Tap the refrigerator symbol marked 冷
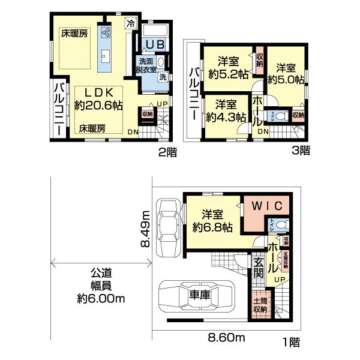130,24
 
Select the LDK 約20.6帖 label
99,99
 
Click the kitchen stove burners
106,33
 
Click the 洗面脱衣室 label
147,65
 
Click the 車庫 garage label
200,295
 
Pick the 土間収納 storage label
259,305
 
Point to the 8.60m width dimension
227,338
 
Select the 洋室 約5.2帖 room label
229,67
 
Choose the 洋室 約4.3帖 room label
226,110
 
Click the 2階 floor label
167,152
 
